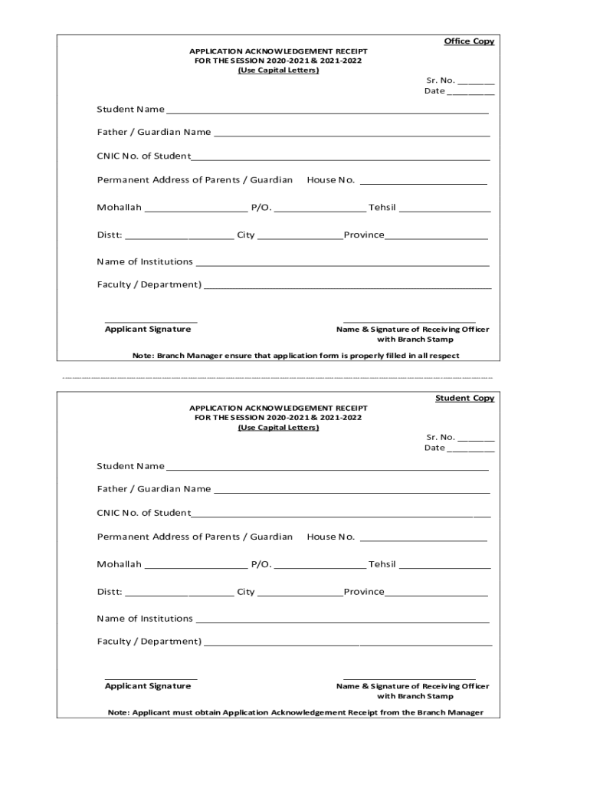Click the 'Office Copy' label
click(469, 41)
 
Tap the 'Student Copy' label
click(464, 399)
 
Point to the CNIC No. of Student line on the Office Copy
click(340, 159)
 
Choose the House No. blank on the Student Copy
click(423, 539)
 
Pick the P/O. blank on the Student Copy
click(320, 567)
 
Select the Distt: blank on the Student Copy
click(179, 594)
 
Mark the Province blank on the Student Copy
click(436, 594)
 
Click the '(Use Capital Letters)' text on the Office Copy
click(278, 71)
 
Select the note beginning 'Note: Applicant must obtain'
click(296, 713)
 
